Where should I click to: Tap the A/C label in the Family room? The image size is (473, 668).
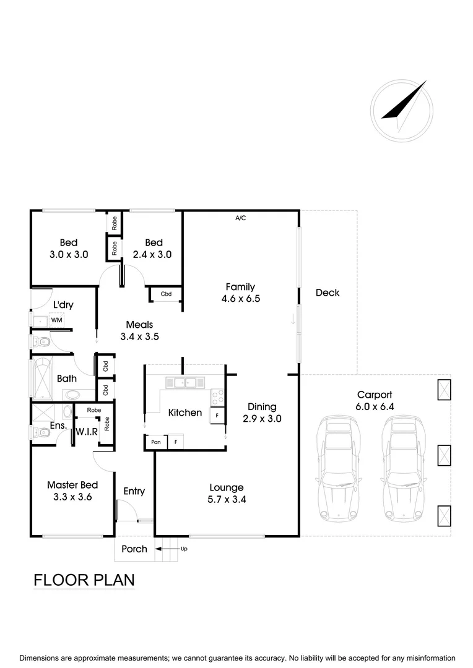coord(240,218)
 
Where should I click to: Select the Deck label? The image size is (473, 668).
coord(327,293)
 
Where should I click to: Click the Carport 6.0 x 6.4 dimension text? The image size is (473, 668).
coord(374,406)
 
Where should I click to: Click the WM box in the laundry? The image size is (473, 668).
coord(56,320)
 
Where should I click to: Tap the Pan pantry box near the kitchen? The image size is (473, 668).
coord(155,442)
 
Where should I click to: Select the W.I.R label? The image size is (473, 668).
coord(87,431)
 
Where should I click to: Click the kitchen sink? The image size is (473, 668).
coord(185,383)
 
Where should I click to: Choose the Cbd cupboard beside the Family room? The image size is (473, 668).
coord(166,294)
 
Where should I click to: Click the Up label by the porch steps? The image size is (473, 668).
coord(183,548)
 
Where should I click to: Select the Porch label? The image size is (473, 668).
coord(134,549)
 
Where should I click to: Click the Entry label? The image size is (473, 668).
coord(134,491)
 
